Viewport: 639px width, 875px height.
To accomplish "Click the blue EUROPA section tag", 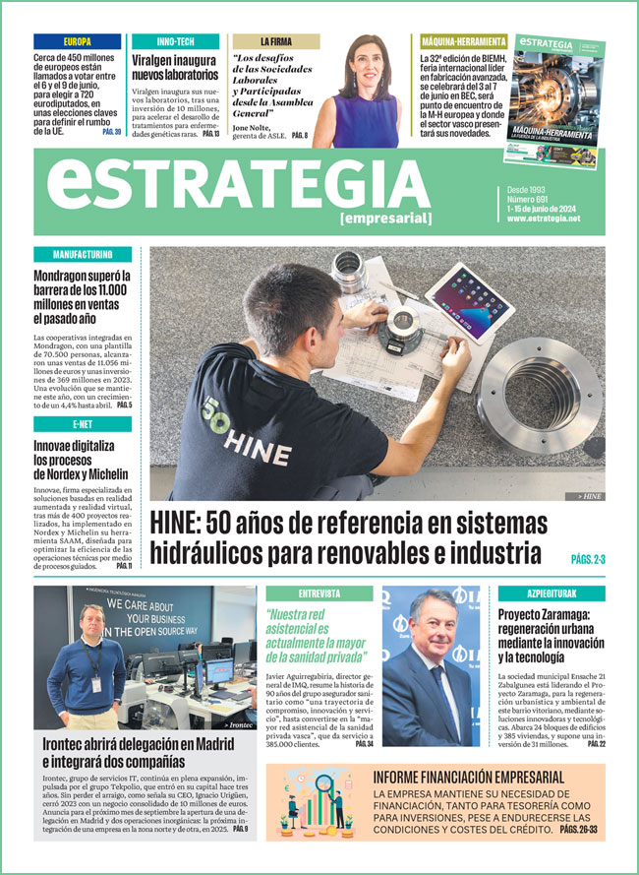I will coord(77,42).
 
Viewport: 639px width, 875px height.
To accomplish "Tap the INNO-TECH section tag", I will coord(175,42).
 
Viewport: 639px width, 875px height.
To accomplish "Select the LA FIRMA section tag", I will coord(275,42).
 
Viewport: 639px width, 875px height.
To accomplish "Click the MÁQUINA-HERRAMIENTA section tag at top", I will coord(463,42).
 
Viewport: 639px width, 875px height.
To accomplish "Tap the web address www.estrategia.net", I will coord(544,219).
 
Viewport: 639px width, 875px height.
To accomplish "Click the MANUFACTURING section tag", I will coord(82,255).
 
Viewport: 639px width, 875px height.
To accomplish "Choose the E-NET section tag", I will coord(82,424).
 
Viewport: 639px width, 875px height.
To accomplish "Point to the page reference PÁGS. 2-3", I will coord(588,560).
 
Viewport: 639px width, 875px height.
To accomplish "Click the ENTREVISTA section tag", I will coord(319,594).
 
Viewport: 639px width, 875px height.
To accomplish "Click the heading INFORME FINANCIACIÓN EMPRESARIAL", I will coord(468,778).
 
